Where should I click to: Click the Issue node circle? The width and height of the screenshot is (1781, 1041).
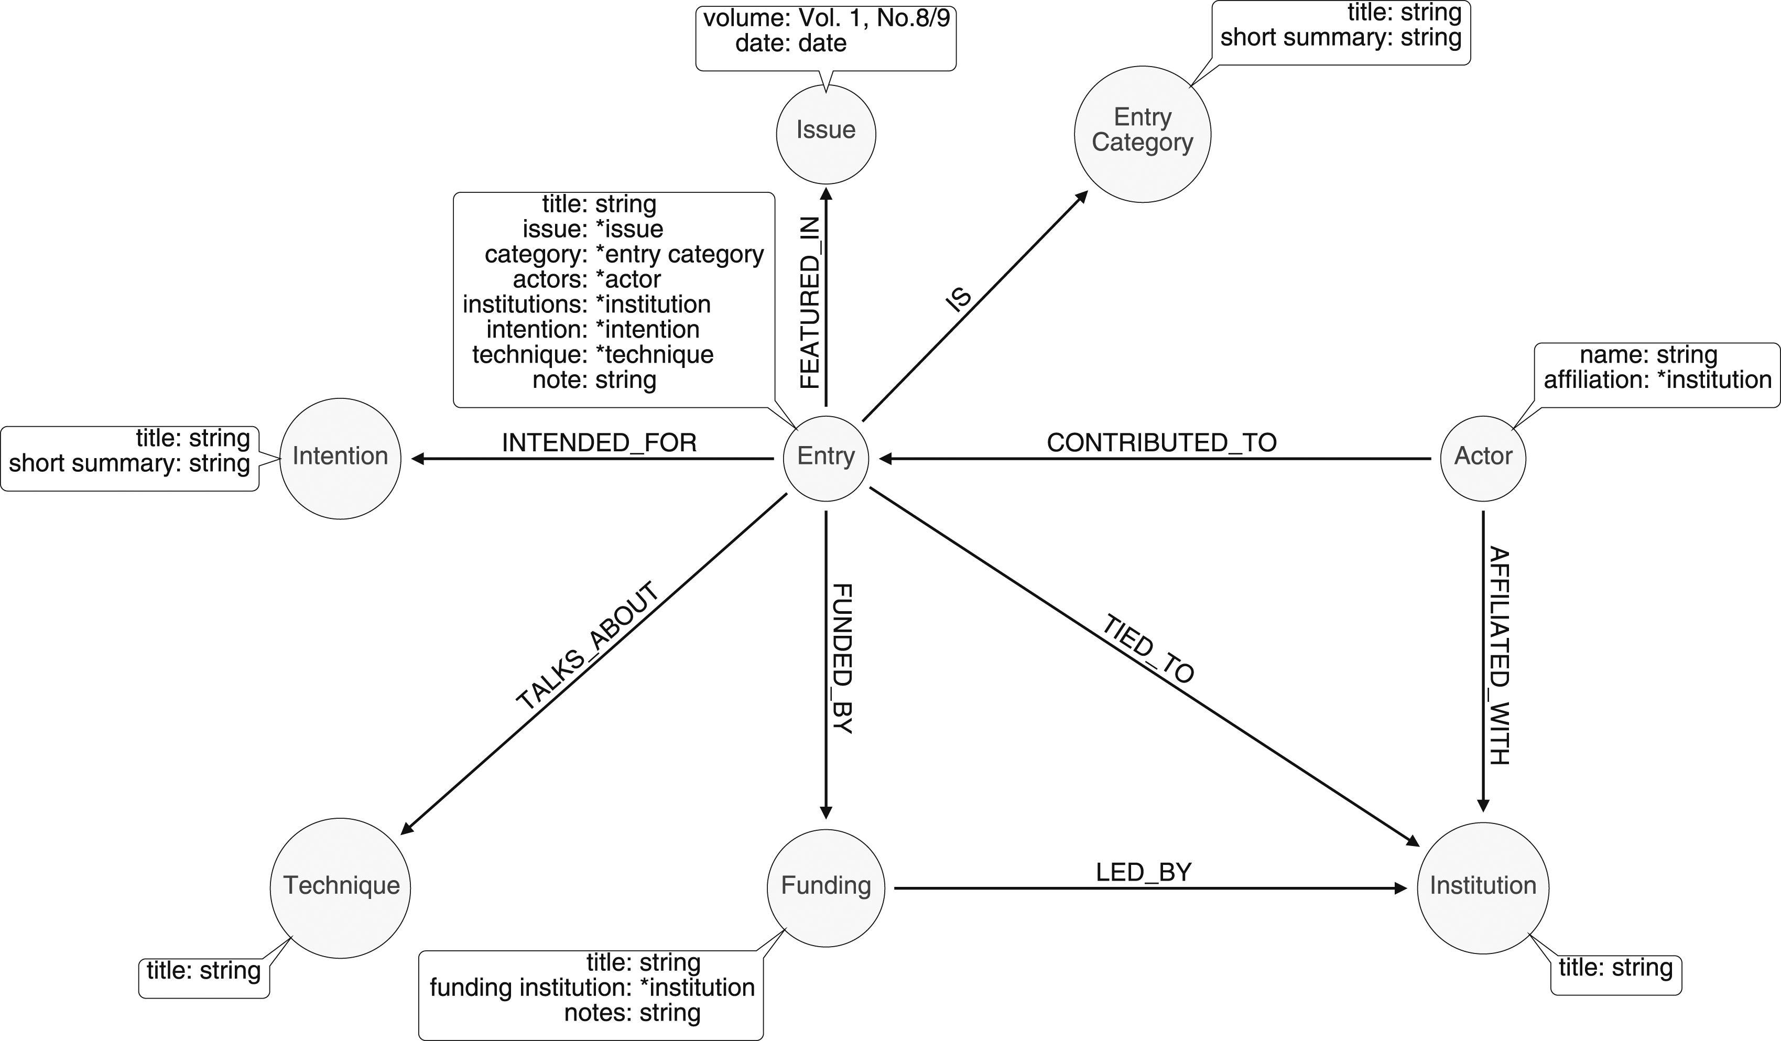pyautogui.click(x=826, y=134)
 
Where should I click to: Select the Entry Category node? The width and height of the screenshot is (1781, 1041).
pyautogui.click(x=1142, y=134)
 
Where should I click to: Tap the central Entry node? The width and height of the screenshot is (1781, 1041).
pyautogui.click(x=826, y=459)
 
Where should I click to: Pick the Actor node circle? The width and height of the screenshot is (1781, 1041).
pyautogui.click(x=1483, y=459)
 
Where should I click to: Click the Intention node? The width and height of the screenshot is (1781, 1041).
pyautogui.click(x=340, y=459)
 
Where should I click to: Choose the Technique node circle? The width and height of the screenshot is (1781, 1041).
pyautogui.click(x=340, y=887)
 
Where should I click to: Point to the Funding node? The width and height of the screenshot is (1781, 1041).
pyautogui.click(x=826, y=887)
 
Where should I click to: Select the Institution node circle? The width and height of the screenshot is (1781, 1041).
pyautogui.click(x=1483, y=887)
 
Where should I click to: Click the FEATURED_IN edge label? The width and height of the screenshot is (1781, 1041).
pyautogui.click(x=810, y=302)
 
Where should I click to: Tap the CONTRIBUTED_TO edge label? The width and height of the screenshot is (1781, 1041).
pyautogui.click(x=1161, y=442)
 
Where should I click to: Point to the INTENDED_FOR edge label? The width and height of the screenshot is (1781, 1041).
pyautogui.click(x=599, y=442)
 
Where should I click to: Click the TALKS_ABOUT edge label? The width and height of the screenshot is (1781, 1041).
pyautogui.click(x=588, y=645)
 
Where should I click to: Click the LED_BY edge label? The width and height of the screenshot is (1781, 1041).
pyautogui.click(x=1144, y=872)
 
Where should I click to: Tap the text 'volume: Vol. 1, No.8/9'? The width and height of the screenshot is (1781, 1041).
pyautogui.click(x=826, y=18)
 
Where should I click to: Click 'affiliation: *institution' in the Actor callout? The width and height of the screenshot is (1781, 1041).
pyautogui.click(x=1657, y=379)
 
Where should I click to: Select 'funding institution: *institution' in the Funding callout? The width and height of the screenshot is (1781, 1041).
pyautogui.click(x=592, y=988)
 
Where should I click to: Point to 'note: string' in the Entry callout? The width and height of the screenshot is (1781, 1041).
pyautogui.click(x=594, y=379)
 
